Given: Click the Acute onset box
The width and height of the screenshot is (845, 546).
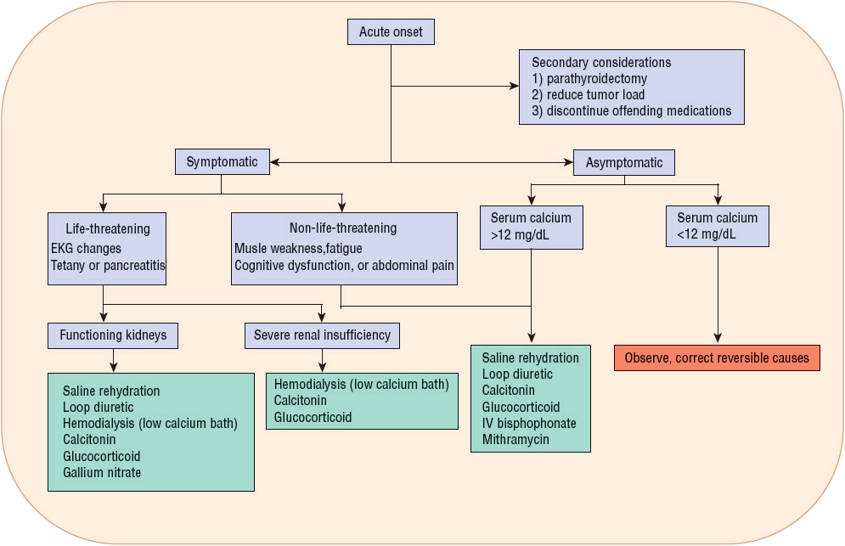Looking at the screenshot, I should (x=391, y=32).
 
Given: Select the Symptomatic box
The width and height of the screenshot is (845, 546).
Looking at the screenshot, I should (x=222, y=162).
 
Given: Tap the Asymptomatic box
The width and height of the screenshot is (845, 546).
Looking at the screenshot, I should (x=624, y=163).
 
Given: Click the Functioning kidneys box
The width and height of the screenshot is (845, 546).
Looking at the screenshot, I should (x=113, y=335).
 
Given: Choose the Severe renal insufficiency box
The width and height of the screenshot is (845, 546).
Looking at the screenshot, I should (x=322, y=335).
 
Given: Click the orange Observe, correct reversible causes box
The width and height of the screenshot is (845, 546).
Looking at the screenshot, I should (x=717, y=357).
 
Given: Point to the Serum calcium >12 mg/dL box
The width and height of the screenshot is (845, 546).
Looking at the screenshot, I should (x=531, y=227).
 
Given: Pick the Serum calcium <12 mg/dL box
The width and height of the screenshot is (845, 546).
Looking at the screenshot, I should (x=717, y=226).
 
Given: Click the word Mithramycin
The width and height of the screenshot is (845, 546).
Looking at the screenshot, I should (x=515, y=439).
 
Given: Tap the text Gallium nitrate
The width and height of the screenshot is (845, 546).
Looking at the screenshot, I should (x=102, y=472).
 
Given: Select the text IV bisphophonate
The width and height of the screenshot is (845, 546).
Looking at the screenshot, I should (x=529, y=423).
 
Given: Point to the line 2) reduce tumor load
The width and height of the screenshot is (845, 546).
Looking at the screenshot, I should (x=588, y=94).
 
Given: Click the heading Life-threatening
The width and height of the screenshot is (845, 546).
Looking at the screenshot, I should (x=108, y=228).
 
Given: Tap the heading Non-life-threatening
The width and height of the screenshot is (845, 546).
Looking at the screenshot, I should (x=343, y=228).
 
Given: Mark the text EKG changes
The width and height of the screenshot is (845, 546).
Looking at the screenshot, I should (x=86, y=249).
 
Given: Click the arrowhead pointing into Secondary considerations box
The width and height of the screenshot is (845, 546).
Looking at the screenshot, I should (x=514, y=86).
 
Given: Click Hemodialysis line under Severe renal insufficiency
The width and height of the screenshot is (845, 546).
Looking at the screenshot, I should (x=361, y=385).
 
